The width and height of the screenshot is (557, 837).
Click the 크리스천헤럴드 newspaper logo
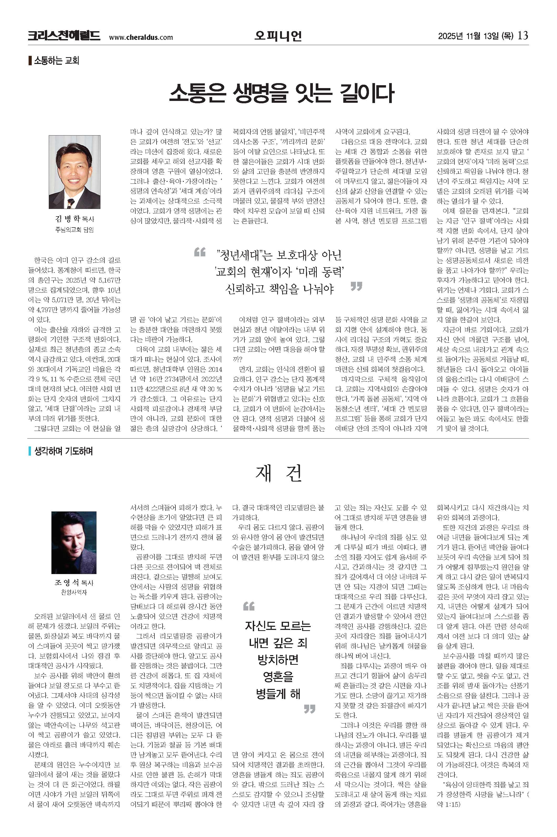click(x=64, y=36)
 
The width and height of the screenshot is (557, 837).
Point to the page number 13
click(x=523, y=35)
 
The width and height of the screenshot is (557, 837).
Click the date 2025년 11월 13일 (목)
click(x=475, y=36)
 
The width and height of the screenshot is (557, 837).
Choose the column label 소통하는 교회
click(x=56, y=60)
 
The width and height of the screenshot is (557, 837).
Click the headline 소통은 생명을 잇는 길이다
click(x=281, y=93)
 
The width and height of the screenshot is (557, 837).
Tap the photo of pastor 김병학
click(x=74, y=172)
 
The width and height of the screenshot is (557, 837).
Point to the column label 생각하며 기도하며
click(x=63, y=451)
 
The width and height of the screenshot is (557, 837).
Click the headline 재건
click(x=278, y=473)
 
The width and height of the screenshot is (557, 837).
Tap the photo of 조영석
click(x=74, y=542)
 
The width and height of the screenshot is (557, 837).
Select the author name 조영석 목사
click(x=74, y=583)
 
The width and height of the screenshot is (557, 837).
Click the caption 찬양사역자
click(x=74, y=592)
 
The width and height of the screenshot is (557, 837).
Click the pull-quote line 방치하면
click(x=278, y=660)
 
